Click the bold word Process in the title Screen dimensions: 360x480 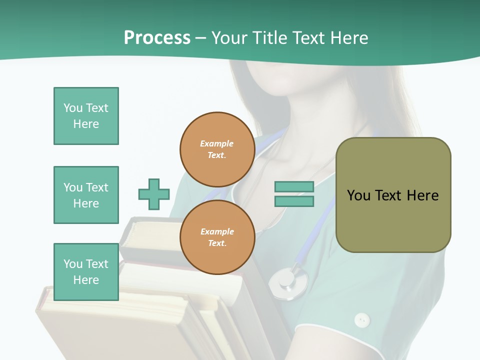pos(157,37)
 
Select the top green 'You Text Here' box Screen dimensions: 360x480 pos(86,116)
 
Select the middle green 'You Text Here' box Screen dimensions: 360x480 pos(86,195)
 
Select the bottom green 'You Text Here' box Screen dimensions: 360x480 pos(86,272)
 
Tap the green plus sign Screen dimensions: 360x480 pos(154,194)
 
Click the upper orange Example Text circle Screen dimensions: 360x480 pos(217,149)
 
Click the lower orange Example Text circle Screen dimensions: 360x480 pos(217,237)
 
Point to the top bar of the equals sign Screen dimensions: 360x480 pos(294,186)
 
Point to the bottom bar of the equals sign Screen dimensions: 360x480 pos(294,201)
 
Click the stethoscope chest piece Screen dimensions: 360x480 pos(288,283)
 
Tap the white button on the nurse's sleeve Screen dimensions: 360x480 pos(361,320)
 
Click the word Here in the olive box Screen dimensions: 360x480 pos(423,195)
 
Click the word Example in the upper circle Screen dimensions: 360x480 pos(217,143)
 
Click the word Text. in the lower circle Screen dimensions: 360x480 pos(217,243)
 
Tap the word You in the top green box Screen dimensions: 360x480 pos(73,108)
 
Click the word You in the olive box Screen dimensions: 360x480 pos(358,195)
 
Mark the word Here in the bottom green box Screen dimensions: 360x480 pos(86,280)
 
